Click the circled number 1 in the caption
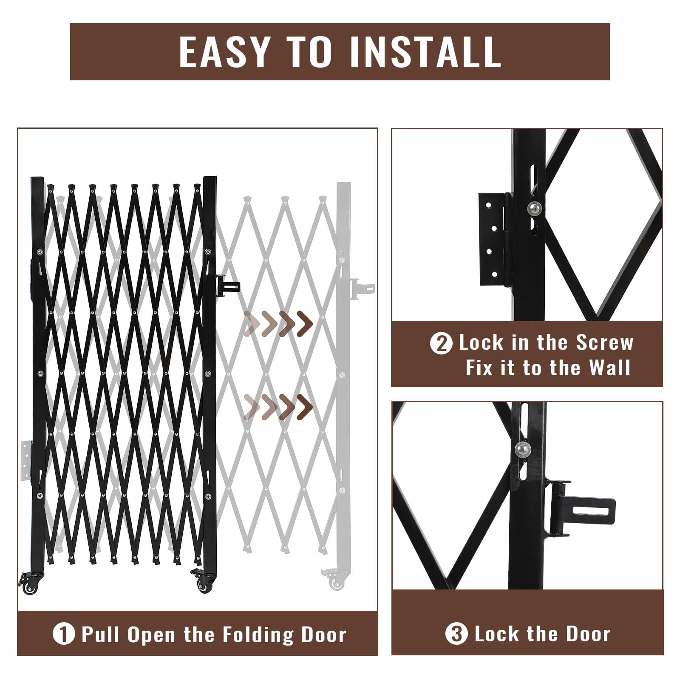[64, 635]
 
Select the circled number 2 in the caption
[441, 343]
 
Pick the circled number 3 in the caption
[456, 635]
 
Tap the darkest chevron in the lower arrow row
[304, 406]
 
